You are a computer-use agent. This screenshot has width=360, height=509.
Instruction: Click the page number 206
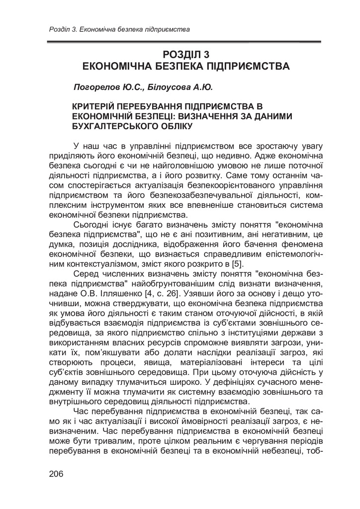[57, 473]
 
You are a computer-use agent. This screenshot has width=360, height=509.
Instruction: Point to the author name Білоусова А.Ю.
[180, 87]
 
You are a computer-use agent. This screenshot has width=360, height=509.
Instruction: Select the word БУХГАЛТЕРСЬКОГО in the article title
[116, 126]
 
